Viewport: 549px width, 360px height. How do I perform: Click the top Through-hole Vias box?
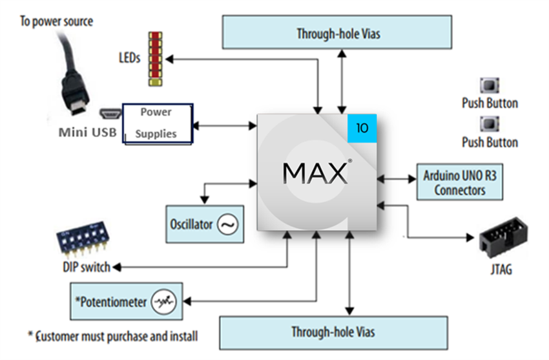tap(338, 32)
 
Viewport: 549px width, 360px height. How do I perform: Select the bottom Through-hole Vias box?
tap(333, 332)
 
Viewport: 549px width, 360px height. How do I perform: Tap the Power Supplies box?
tap(157, 123)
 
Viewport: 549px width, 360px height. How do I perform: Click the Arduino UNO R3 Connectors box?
tap(460, 182)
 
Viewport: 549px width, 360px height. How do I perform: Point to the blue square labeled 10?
tap(362, 128)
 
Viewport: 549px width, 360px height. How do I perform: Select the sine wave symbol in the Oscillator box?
tap(227, 224)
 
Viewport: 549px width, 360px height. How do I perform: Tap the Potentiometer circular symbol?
tap(162, 301)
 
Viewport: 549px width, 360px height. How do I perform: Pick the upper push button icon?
tap(489, 86)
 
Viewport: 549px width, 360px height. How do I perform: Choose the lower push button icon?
tap(489, 124)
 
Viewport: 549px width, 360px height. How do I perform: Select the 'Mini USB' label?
tap(88, 132)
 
